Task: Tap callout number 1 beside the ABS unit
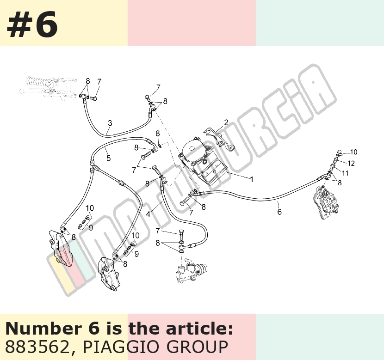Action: pos(251,179)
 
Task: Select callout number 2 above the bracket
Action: pos(226,122)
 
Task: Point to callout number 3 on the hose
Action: pos(110,123)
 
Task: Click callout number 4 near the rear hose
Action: pos(148,214)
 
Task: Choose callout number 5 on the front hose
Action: pos(108,158)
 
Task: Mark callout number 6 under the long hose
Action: pos(279,212)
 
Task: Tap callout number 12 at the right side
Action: pos(351,163)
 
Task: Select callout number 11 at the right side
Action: pos(345,173)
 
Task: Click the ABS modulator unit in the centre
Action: pos(203,161)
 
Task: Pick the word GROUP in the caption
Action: pos(198,347)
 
